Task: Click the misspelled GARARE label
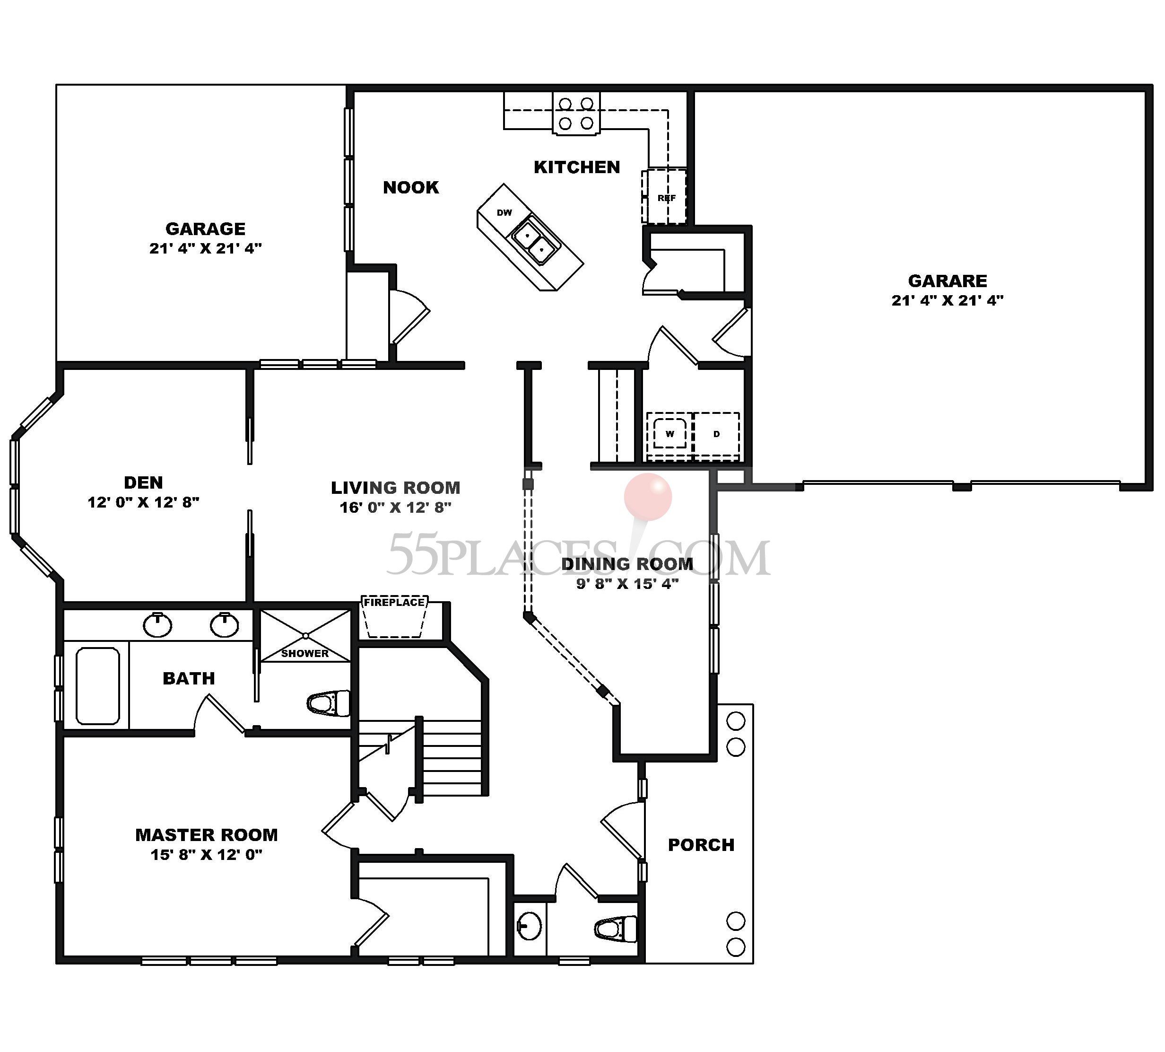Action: click(x=947, y=281)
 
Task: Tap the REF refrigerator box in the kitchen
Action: click(x=665, y=197)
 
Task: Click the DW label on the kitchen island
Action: click(x=504, y=213)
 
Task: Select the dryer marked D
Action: click(x=716, y=434)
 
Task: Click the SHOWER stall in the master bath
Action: click(x=305, y=636)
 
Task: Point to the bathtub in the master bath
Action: click(x=98, y=686)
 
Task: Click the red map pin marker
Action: click(x=648, y=496)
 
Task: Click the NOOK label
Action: click(x=411, y=187)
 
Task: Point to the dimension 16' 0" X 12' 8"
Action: click(x=395, y=508)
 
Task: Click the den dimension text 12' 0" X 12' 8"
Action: click(x=143, y=502)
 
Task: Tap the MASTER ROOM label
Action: click(x=206, y=835)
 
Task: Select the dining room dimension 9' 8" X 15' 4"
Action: click(x=627, y=583)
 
